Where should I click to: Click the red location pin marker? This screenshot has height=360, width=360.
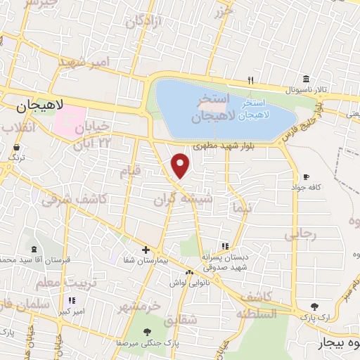coord(181,165)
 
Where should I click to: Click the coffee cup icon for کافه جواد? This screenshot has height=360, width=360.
coord(305,176)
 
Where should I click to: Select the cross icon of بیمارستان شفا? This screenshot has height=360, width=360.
coord(146,250)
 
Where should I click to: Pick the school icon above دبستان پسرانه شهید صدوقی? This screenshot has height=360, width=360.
coord(225,247)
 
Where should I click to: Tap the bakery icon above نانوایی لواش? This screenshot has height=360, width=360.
coord(188,272)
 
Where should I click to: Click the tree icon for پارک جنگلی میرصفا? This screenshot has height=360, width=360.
coord(146,333)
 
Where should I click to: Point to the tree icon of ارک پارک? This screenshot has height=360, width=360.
coord(314,307)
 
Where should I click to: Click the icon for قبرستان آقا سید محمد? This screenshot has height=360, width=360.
coord(34,250)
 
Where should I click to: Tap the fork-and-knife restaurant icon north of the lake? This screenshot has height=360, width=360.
coord(251,80)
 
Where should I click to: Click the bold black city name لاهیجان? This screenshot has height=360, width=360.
coord(39,106)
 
